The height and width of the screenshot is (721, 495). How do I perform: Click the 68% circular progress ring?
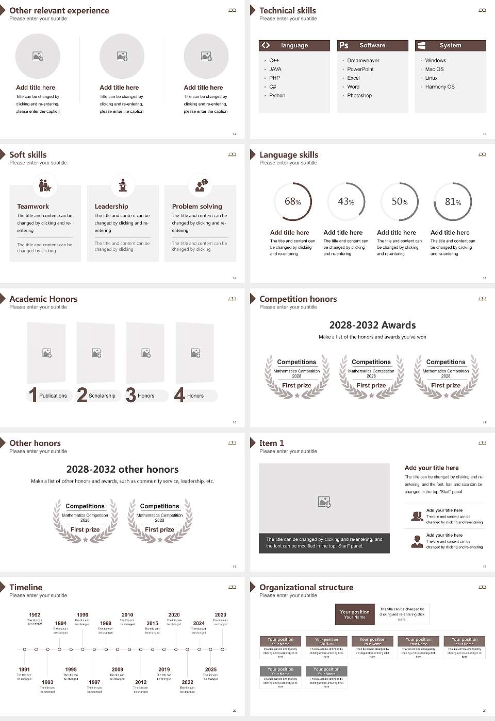(292, 201)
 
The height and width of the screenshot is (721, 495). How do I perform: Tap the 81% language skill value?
(453, 202)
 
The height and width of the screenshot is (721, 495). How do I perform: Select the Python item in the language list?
(277, 95)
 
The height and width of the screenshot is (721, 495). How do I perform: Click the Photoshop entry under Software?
(359, 95)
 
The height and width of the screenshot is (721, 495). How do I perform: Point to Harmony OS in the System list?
(440, 87)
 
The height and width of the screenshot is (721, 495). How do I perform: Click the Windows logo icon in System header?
(421, 45)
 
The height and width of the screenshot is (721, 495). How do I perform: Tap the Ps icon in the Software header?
(344, 45)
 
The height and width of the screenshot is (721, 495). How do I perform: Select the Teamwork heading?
(33, 206)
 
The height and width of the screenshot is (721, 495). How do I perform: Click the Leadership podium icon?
(123, 185)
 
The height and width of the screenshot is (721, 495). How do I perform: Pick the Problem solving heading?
(197, 206)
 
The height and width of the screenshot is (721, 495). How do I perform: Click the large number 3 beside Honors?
(131, 395)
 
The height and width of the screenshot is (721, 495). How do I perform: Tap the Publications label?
(53, 396)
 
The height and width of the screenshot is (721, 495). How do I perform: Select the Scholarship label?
(102, 396)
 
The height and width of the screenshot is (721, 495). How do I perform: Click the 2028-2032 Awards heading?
(372, 325)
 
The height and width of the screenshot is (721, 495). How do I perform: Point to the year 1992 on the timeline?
(35, 614)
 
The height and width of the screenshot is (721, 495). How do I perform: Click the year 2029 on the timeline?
(220, 614)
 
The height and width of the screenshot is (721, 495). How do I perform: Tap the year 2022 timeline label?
(187, 682)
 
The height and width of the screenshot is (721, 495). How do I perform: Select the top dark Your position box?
(355, 614)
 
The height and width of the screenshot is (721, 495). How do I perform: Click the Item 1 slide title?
(271, 443)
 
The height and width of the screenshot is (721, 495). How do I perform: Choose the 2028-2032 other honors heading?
(122, 469)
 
